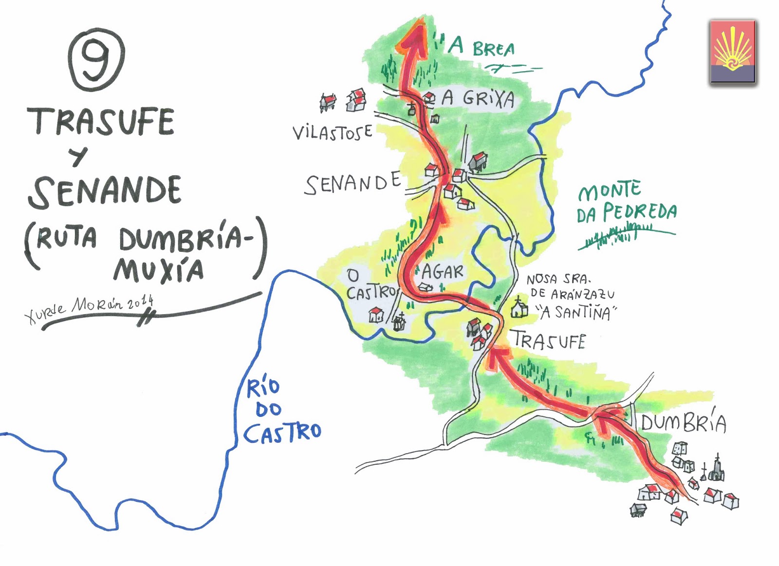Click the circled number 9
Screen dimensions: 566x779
[x=96, y=59]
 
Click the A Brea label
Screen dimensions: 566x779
[x=481, y=47]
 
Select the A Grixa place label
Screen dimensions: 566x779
[x=478, y=99]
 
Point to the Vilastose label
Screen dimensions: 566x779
[x=333, y=132]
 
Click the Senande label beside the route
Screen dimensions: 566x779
[x=352, y=184]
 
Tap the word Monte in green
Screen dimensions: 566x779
[x=610, y=190]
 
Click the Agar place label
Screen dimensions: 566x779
[x=442, y=272]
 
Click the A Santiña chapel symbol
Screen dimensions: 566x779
[x=519, y=308]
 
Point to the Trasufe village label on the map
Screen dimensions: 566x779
[x=548, y=340]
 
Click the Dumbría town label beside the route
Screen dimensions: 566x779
[x=683, y=423]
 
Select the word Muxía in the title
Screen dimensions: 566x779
[x=159, y=271]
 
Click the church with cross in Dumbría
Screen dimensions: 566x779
[x=716, y=469]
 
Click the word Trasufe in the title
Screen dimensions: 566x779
[x=101, y=121]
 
